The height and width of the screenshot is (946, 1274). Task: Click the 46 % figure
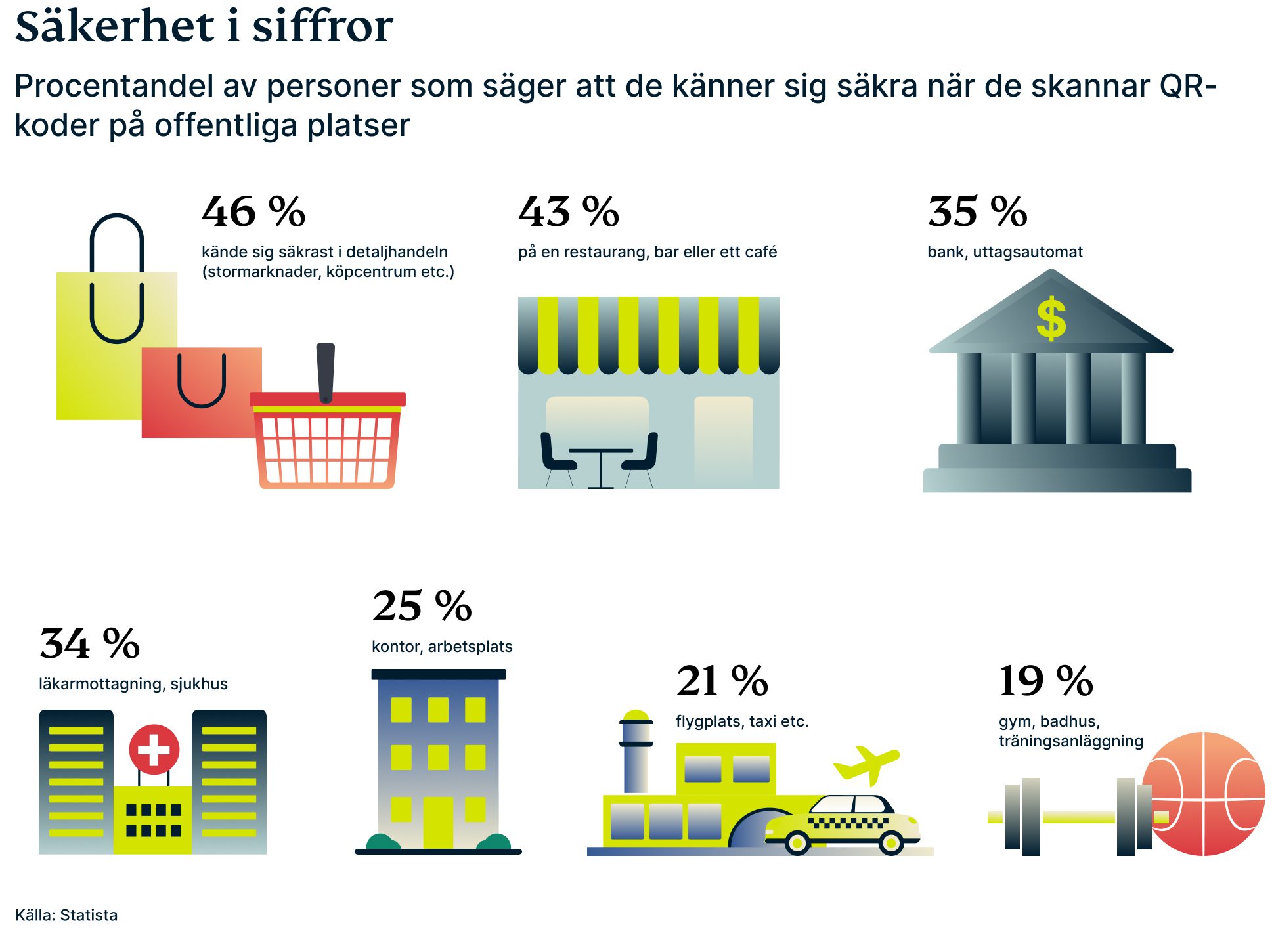point(253,212)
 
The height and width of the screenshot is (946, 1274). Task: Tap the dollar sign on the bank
point(1051,318)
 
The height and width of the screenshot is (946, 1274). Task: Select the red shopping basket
point(327,443)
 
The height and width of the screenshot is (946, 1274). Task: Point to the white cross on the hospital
point(154,750)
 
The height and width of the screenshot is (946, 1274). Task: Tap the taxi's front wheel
point(891,842)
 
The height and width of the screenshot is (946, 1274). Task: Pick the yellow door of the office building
point(438,822)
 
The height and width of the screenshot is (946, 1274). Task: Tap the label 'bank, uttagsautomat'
point(1005,252)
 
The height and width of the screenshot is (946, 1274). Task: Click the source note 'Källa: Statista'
point(66,915)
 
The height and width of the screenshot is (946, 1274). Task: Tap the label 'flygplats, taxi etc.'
point(742,721)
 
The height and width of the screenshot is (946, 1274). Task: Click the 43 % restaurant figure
point(569,212)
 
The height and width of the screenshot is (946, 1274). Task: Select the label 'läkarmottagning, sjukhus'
point(133,684)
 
